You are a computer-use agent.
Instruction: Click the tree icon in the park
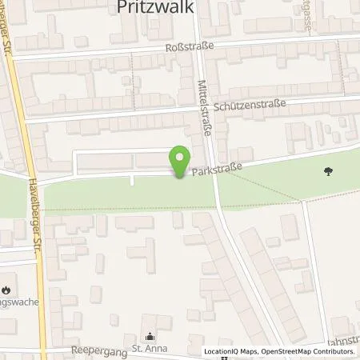click(327, 170)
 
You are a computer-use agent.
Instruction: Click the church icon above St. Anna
click(148, 337)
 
